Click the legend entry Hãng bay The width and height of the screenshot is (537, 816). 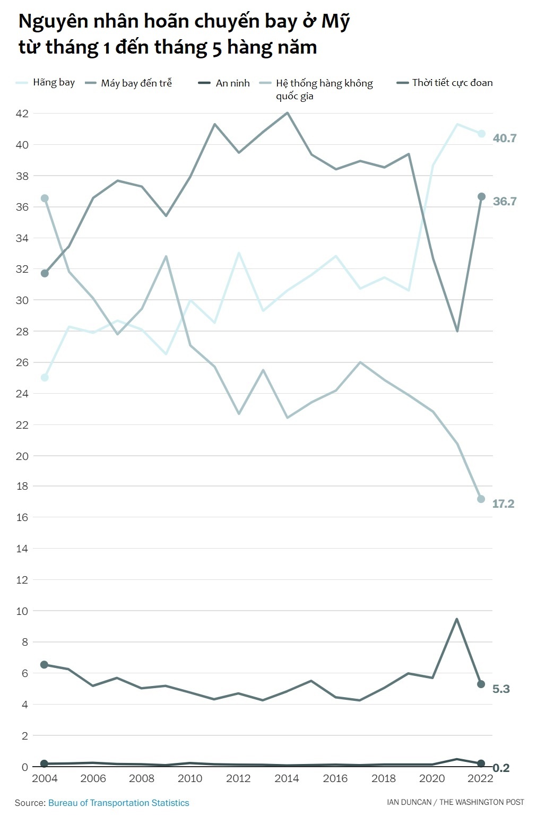point(54,83)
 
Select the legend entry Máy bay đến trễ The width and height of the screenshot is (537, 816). point(136,83)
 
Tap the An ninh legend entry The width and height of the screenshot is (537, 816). point(232,83)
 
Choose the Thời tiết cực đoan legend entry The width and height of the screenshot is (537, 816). point(452,83)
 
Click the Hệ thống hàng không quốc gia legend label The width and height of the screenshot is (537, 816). point(324,89)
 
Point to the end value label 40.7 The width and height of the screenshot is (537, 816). point(504,138)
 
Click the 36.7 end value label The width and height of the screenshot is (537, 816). point(504,202)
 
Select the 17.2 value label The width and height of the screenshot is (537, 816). point(503,504)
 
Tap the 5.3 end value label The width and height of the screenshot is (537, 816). point(501,689)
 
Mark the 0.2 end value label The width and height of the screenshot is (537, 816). point(501,768)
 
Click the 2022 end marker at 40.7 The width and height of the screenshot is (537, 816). point(481,134)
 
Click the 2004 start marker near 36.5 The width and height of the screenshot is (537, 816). point(45,198)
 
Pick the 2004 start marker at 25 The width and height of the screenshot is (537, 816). point(45,378)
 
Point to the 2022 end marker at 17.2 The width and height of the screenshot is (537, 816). point(481,499)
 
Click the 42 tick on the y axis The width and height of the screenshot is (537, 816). point(22,114)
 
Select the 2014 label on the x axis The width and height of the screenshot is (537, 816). point(287,778)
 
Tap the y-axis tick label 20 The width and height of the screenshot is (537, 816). point(22,456)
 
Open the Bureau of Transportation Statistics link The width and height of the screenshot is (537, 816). point(118,803)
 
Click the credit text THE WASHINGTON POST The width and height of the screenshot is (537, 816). point(482,802)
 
